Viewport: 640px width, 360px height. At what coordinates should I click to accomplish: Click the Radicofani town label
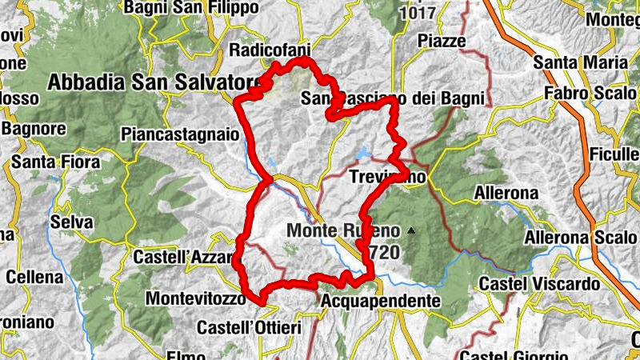pyautogui.click(x=269, y=50)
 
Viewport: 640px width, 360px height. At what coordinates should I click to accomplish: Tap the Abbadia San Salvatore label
pyautogui.click(x=155, y=82)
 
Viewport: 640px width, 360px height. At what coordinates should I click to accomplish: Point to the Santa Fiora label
pyautogui.click(x=56, y=162)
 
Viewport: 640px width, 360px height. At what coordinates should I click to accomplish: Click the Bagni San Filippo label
pyautogui.click(x=191, y=7)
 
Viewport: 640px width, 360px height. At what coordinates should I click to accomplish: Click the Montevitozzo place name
pyautogui.click(x=194, y=298)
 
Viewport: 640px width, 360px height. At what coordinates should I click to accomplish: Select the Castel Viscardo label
pyautogui.click(x=539, y=284)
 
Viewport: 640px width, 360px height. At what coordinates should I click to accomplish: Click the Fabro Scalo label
pyautogui.click(x=586, y=92)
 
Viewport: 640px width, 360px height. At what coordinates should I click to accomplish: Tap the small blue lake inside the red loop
pyautogui.click(x=364, y=153)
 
